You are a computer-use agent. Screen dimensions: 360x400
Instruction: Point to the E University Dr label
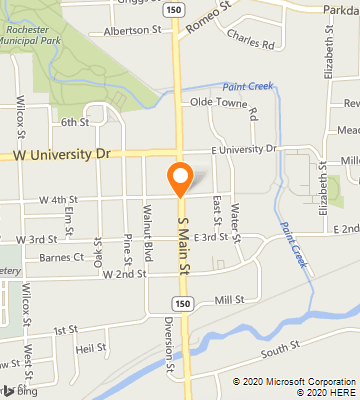click(243, 149)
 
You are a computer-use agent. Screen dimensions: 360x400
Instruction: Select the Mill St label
click(229, 298)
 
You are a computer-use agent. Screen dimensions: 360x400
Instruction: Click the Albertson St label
click(127, 32)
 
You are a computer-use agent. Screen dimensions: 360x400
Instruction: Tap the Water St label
click(236, 224)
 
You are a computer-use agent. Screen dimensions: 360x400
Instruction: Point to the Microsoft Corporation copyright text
click(295, 381)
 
